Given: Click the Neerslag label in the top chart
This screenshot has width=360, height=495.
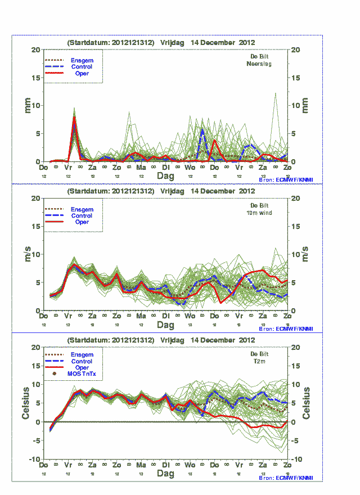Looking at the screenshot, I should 259,64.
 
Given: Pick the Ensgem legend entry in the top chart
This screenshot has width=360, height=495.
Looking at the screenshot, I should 82,60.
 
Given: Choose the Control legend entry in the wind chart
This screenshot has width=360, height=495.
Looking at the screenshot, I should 82,215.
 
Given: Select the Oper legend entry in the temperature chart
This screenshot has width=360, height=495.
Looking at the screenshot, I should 82,367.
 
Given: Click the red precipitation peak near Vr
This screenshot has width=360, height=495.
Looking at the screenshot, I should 74,119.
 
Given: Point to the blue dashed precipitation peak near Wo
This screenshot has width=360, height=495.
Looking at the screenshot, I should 202,129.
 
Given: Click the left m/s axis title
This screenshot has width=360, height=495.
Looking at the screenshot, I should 26,254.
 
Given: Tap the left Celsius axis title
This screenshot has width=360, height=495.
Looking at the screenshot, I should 26,403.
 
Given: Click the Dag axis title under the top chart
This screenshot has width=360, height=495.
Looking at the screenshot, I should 165,176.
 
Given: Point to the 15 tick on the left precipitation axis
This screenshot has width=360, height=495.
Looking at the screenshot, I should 36,78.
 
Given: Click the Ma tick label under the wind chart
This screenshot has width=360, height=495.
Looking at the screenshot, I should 141,317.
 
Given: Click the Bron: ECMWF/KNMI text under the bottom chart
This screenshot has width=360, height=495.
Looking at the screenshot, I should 286,478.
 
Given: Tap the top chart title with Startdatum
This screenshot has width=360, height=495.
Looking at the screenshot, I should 161,42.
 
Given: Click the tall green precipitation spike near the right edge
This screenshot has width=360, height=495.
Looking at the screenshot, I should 275,94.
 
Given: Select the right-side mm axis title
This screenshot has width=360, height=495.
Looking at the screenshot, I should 306,105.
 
